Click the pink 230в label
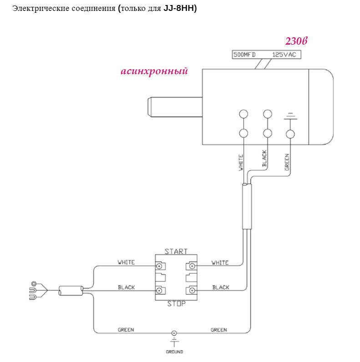pyautogui.click(x=296, y=41)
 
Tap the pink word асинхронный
pyautogui.click(x=154, y=71)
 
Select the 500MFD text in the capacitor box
pyautogui.click(x=244, y=55)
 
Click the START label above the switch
pyautogui.click(x=176, y=251)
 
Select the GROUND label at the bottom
pyautogui.click(x=174, y=352)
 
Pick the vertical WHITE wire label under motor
pyautogui.click(x=241, y=163)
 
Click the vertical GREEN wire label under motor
pyautogui.click(x=287, y=163)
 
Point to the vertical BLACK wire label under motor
pyautogui.click(x=264, y=158)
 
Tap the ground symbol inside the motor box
pyautogui.click(x=290, y=117)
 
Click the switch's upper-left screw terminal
pyautogui.click(x=160, y=266)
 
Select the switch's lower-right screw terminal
pyautogui.click(x=192, y=291)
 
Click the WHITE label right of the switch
pyautogui.click(x=220, y=263)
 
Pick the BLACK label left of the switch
pyautogui.click(x=126, y=287)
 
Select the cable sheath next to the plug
pyautogui.click(x=71, y=291)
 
